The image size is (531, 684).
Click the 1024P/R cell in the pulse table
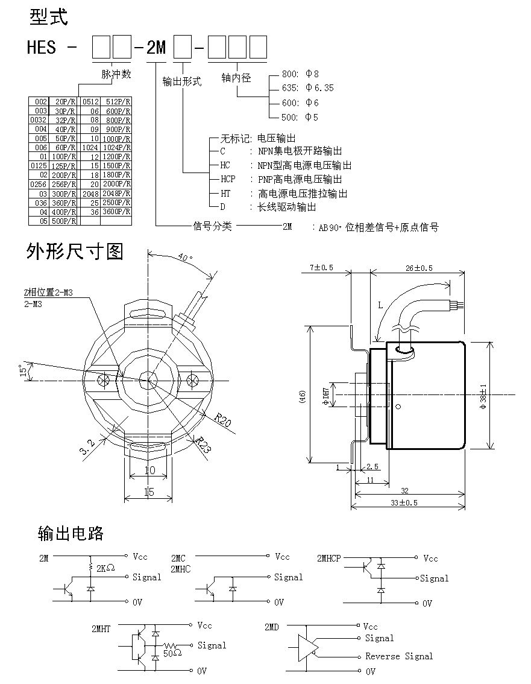[116, 147]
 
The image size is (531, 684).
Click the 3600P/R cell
[116, 212]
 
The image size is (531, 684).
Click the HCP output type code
[227, 179]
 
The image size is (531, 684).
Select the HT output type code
[225, 194]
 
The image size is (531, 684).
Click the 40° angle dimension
[186, 258]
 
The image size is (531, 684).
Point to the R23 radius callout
[203, 445]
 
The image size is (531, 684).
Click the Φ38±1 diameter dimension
[482, 394]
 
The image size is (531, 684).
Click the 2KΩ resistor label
[105, 568]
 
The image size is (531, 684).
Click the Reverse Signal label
[399, 656]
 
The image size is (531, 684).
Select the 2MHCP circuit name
[328, 558]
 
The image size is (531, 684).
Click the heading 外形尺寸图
[75, 252]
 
